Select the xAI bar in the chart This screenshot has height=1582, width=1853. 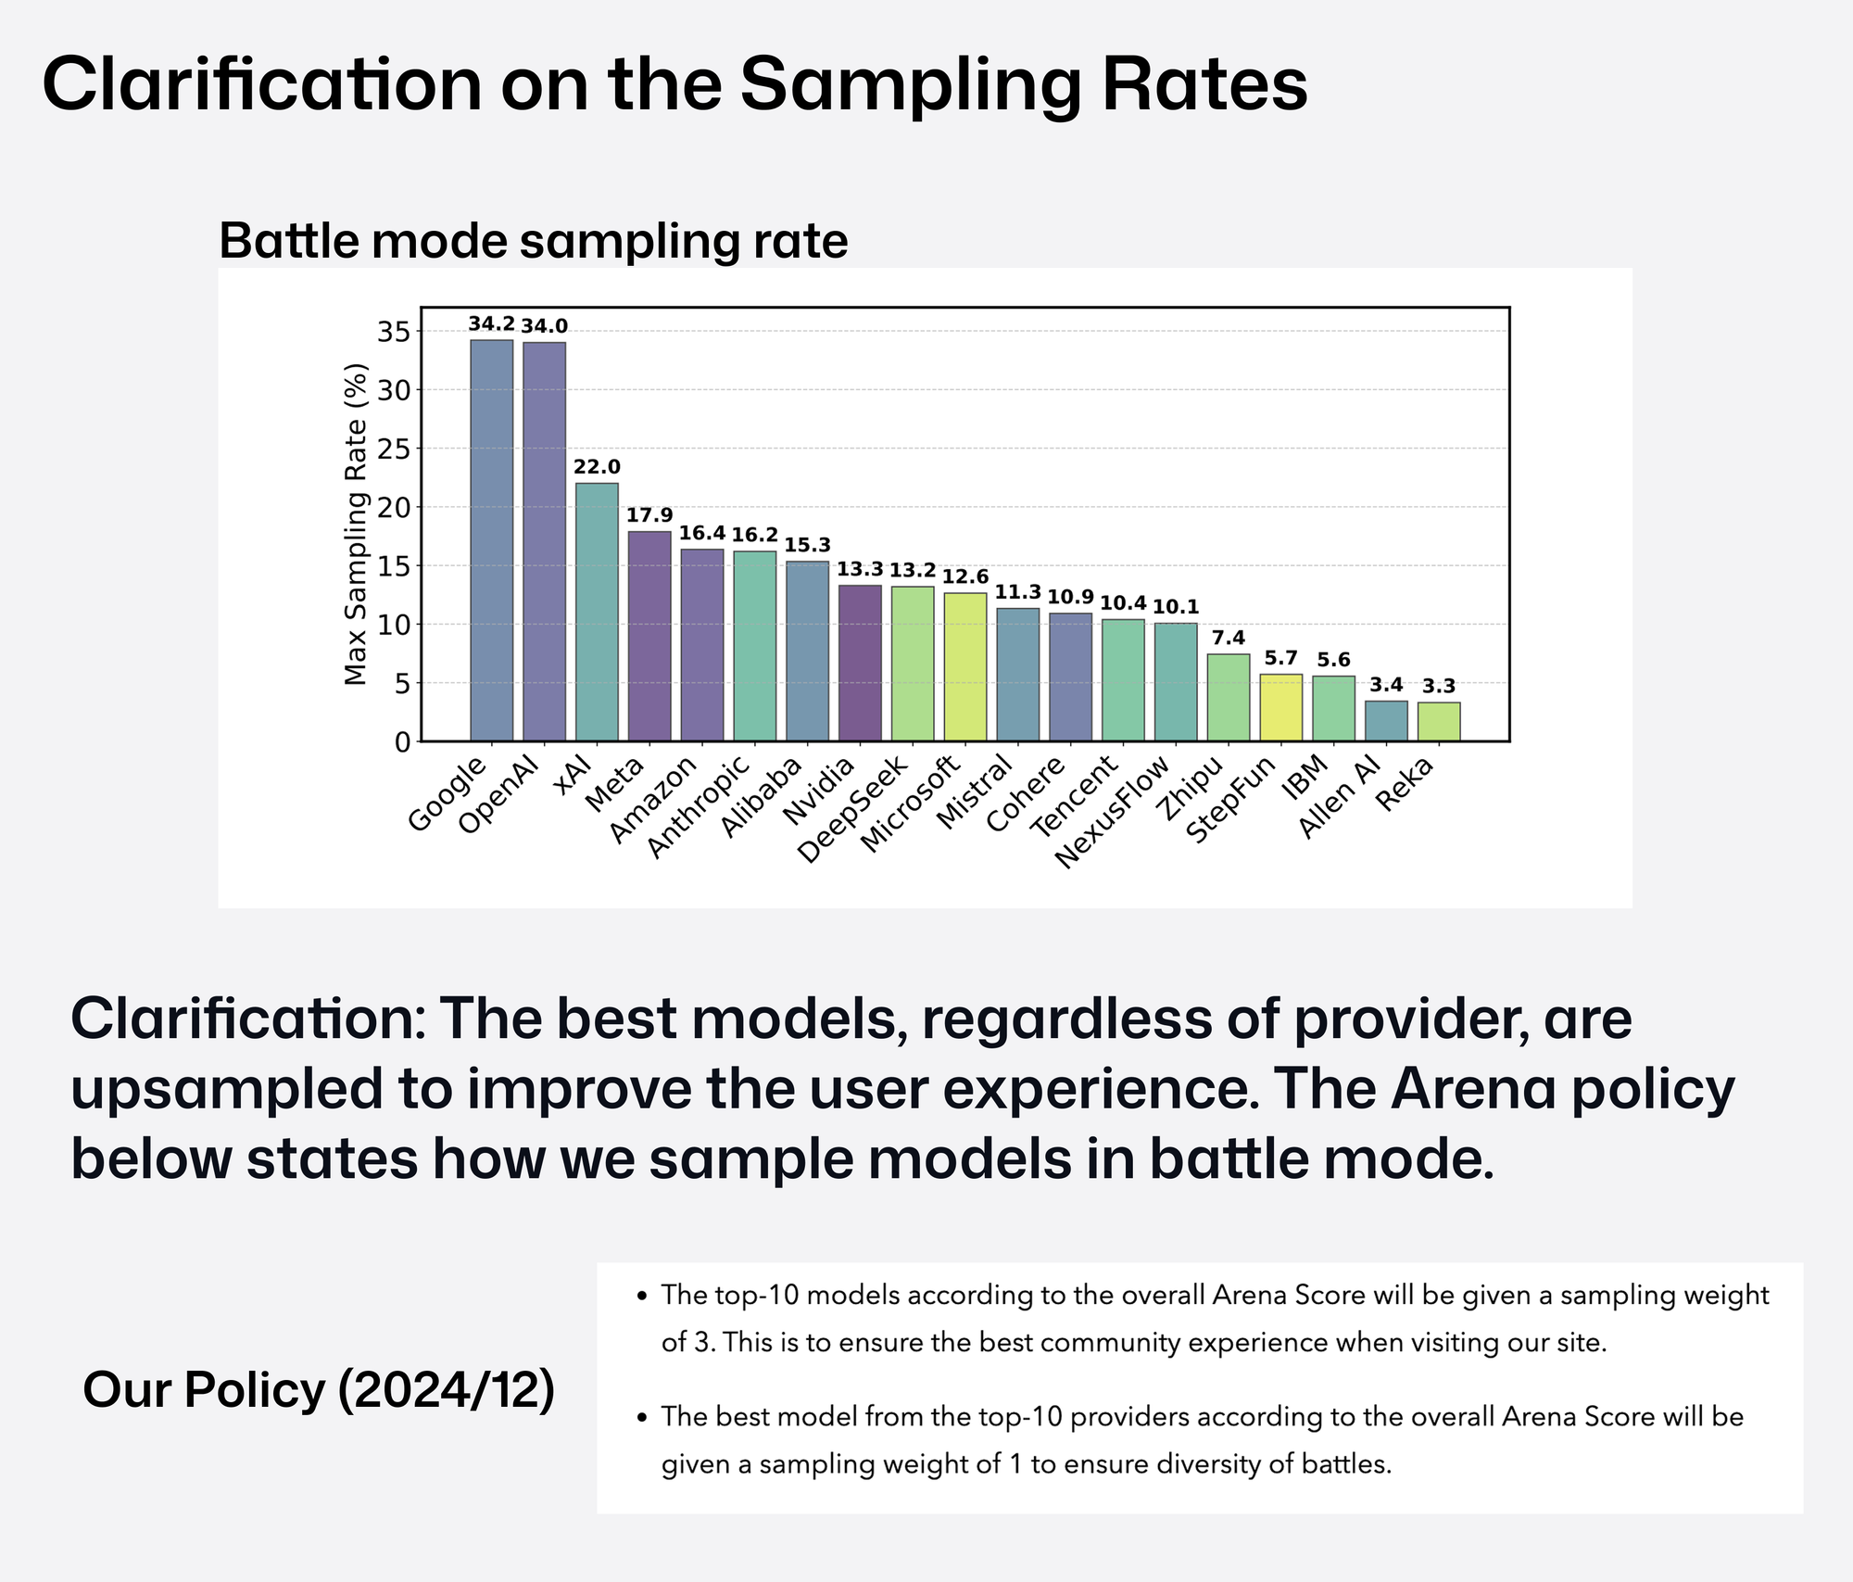pyautogui.click(x=597, y=612)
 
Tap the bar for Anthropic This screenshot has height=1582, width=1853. pyautogui.click(x=755, y=646)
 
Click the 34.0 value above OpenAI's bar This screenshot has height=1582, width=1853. pyautogui.click(x=545, y=326)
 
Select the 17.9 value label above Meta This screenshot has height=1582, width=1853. pyautogui.click(x=649, y=515)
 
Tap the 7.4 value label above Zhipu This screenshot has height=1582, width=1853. pyautogui.click(x=1229, y=638)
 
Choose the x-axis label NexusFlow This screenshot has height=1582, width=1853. pyautogui.click(x=1115, y=811)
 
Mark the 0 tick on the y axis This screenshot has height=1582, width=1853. pyautogui.click(x=402, y=741)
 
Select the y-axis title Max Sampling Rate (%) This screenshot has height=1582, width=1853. pyautogui.click(x=356, y=524)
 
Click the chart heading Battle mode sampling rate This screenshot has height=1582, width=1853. pyautogui.click(x=533, y=241)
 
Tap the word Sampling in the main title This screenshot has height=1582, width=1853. pyautogui.click(x=911, y=85)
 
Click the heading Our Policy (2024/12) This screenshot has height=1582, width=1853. pyautogui.click(x=319, y=1389)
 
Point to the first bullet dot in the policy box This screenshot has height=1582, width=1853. pyautogui.click(x=641, y=1297)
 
